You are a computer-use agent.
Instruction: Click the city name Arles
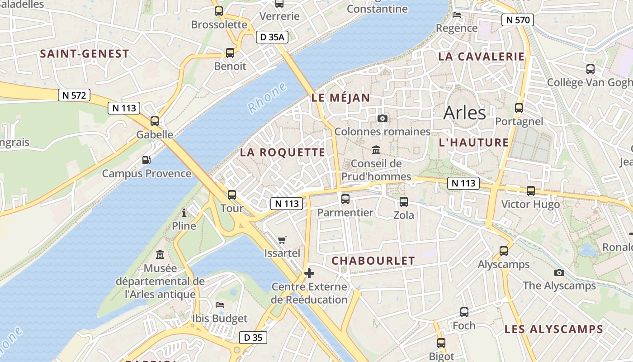464,113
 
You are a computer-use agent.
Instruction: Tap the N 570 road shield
518,20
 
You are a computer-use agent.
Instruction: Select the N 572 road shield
74,95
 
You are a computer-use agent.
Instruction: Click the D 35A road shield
272,37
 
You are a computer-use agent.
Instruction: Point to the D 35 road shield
253,338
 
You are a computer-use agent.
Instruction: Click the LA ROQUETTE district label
283,152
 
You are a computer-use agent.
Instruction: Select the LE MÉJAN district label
340,98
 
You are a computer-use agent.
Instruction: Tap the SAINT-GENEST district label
85,54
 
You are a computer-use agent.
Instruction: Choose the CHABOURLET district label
373,261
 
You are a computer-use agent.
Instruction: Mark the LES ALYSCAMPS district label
554,329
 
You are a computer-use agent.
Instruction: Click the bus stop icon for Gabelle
155,121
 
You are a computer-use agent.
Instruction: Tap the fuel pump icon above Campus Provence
146,160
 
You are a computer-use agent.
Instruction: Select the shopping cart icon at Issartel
282,240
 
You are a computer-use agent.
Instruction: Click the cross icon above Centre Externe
309,273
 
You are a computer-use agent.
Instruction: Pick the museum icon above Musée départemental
160,255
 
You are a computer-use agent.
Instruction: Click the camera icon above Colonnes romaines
383,119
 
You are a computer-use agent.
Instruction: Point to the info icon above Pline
184,213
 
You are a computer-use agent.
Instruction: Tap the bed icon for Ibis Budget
220,305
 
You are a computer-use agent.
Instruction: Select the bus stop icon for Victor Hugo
531,191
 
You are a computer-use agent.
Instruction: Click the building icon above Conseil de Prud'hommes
376,150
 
